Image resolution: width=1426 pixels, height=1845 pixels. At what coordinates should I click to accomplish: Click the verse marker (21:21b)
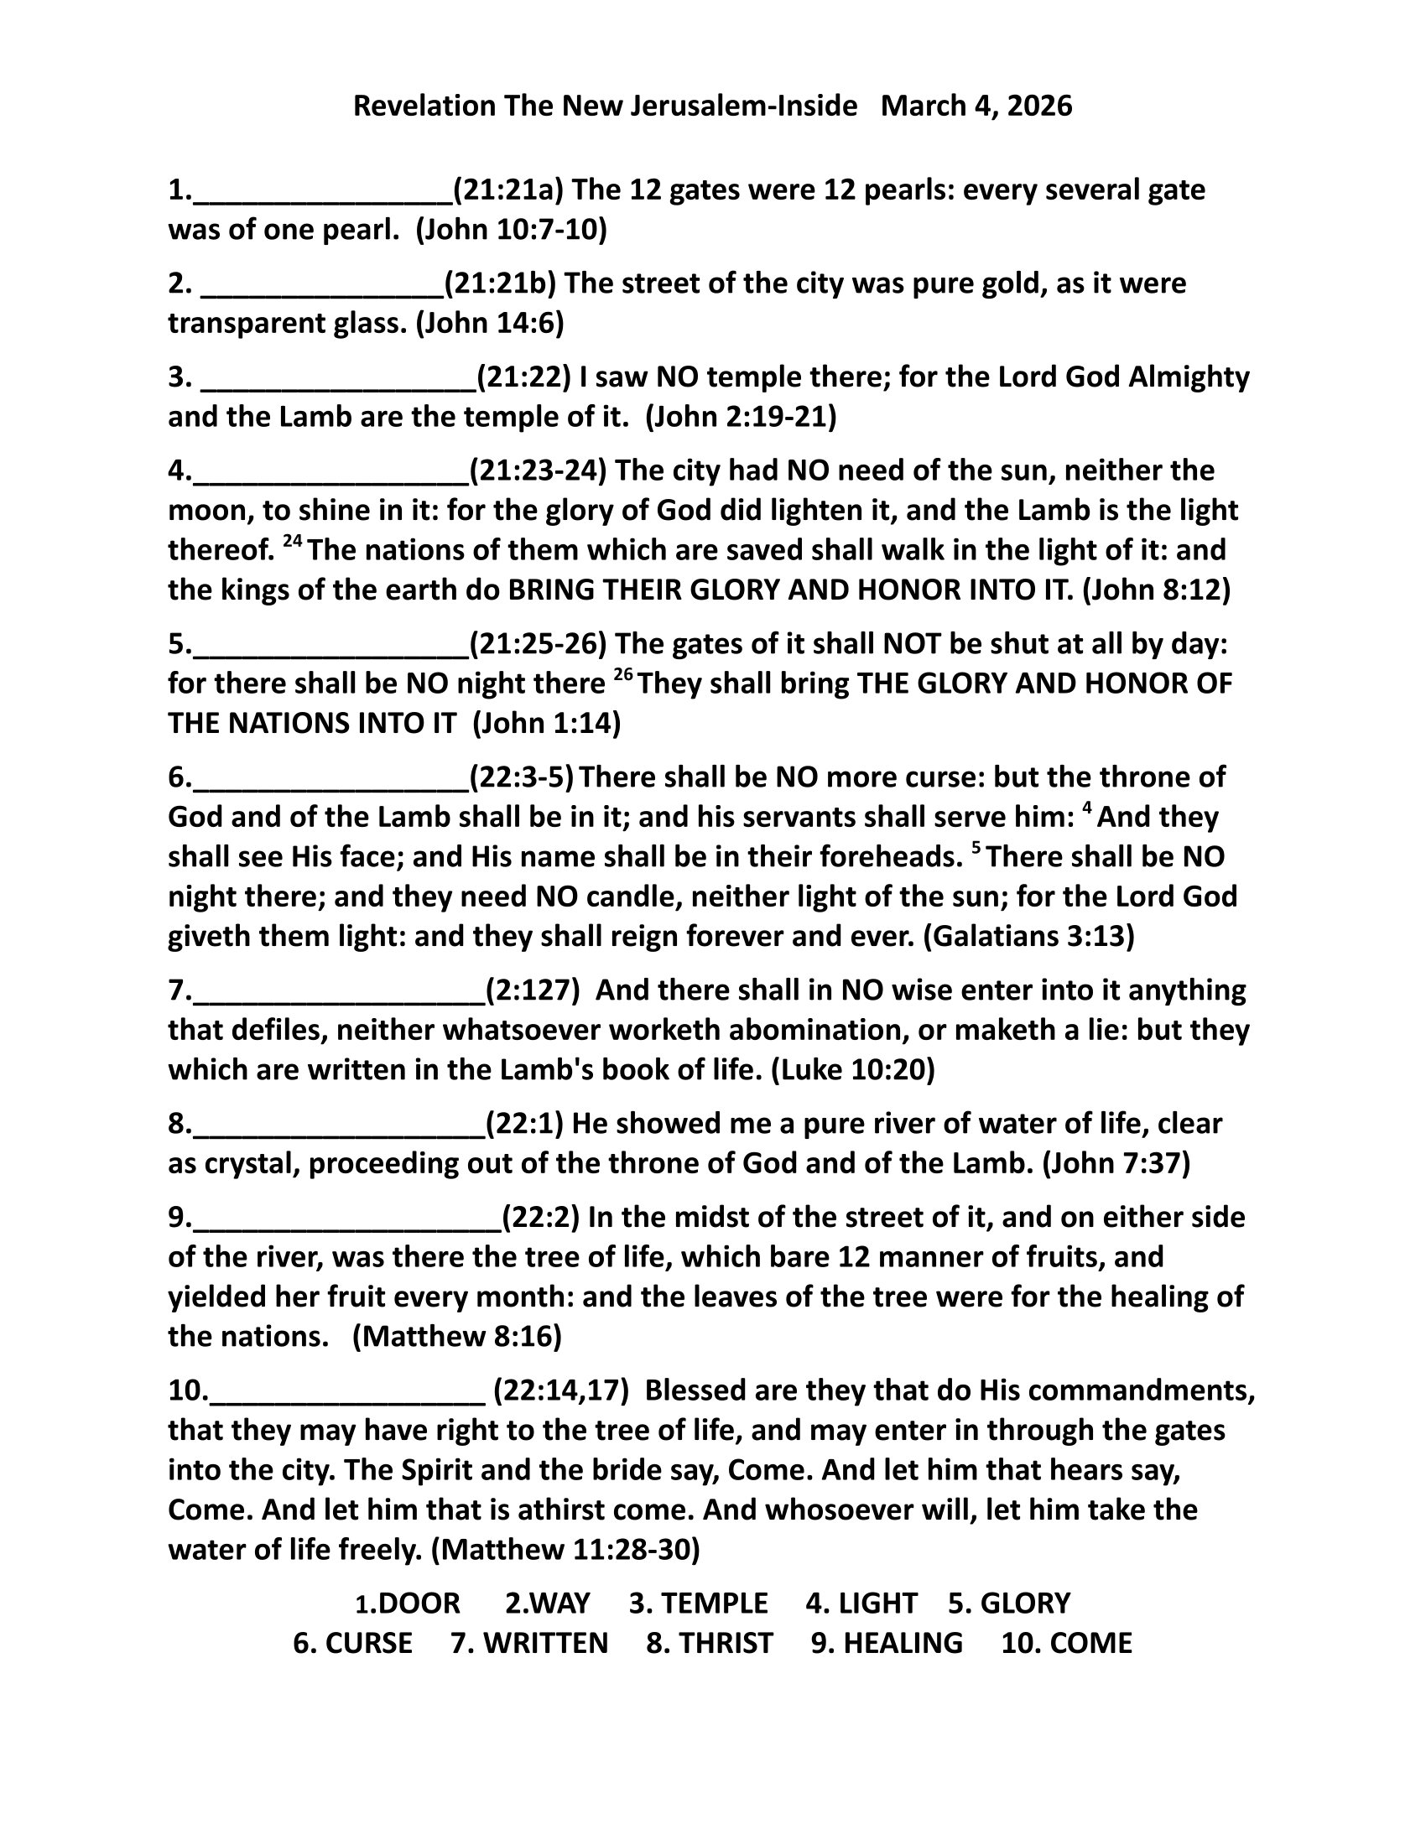pyautogui.click(x=500, y=283)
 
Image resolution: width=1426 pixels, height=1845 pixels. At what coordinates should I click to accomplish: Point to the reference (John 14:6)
pyautogui.click(x=489, y=323)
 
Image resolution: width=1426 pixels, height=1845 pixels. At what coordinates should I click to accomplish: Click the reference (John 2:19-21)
pyautogui.click(x=740, y=417)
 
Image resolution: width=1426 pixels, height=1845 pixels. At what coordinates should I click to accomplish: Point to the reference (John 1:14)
pyautogui.click(x=547, y=723)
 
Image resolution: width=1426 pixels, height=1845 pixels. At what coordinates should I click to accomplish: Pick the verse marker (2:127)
pyautogui.click(x=532, y=990)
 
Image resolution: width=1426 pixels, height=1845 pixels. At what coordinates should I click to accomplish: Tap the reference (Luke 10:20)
pyautogui.click(x=852, y=1069)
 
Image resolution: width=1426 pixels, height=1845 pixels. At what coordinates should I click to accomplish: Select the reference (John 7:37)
pyautogui.click(x=1116, y=1163)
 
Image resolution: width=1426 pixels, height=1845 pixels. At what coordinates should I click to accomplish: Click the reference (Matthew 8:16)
pyautogui.click(x=457, y=1336)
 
